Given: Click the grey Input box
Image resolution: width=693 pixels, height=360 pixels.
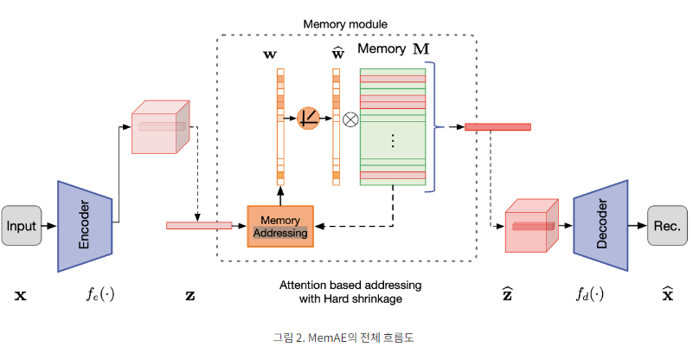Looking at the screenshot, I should coord(22,226).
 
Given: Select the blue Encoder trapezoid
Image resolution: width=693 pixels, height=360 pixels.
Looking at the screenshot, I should coord(86,227).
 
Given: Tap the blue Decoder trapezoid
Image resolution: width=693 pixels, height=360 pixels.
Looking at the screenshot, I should coord(600,226).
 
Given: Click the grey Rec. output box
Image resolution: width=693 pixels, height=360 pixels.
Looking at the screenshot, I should coord(666,226).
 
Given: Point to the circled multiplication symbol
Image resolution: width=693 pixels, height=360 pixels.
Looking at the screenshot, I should coord(350,119).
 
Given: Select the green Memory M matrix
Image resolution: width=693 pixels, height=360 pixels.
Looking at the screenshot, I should coord(392,126).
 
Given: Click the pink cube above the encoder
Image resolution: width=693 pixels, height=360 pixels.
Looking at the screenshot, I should coord(160,127).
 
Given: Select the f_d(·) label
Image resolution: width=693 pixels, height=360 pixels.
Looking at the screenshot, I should coord(590,294).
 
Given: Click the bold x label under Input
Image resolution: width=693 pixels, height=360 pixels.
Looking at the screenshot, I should coord(21,295).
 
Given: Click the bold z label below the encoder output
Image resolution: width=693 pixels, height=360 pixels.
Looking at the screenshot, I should coord(190,295).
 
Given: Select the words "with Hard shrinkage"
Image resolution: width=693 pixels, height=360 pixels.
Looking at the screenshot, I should coord(345,300).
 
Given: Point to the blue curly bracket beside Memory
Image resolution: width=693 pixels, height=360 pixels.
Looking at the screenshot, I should coord(440,126).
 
